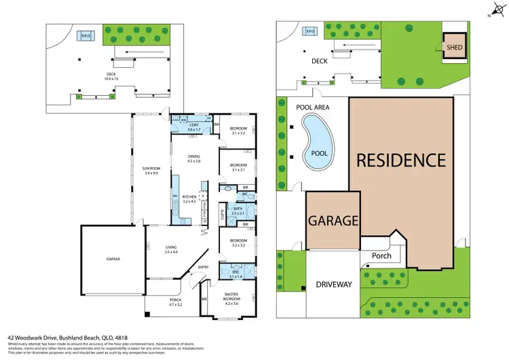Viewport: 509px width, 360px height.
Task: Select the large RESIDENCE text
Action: [x=401, y=161]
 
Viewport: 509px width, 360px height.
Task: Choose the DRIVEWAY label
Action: [x=334, y=285]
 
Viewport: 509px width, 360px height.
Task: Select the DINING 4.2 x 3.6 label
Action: [x=194, y=159]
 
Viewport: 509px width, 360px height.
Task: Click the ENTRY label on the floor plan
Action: [x=204, y=268]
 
